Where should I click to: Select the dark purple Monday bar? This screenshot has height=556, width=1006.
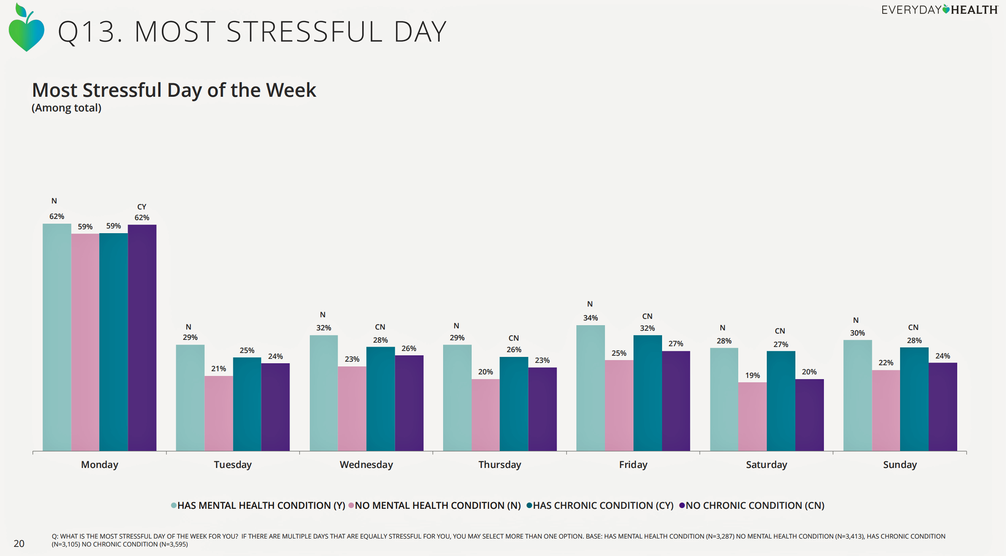click(x=142, y=337)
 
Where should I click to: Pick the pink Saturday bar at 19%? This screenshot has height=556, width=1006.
click(x=752, y=416)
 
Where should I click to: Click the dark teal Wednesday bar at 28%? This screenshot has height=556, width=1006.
click(x=380, y=399)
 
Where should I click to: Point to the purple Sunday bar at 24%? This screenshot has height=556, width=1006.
click(x=943, y=406)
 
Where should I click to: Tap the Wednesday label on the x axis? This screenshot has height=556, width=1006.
click(x=366, y=464)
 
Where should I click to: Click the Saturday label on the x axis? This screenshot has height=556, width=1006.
click(x=766, y=464)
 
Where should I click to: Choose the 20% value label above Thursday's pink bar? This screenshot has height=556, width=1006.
click(x=485, y=372)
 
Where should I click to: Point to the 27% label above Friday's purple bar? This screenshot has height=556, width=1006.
click(x=676, y=343)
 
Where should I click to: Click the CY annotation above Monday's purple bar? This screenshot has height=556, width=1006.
click(x=142, y=207)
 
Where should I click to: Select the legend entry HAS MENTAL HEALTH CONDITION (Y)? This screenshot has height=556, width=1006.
click(x=261, y=506)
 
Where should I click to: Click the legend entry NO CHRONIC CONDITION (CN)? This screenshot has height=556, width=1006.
click(x=754, y=506)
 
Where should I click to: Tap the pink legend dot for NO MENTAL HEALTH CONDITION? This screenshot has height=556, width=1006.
click(x=351, y=506)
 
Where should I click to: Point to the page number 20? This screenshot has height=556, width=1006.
click(x=19, y=543)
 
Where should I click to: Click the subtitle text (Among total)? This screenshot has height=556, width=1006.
click(x=67, y=108)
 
